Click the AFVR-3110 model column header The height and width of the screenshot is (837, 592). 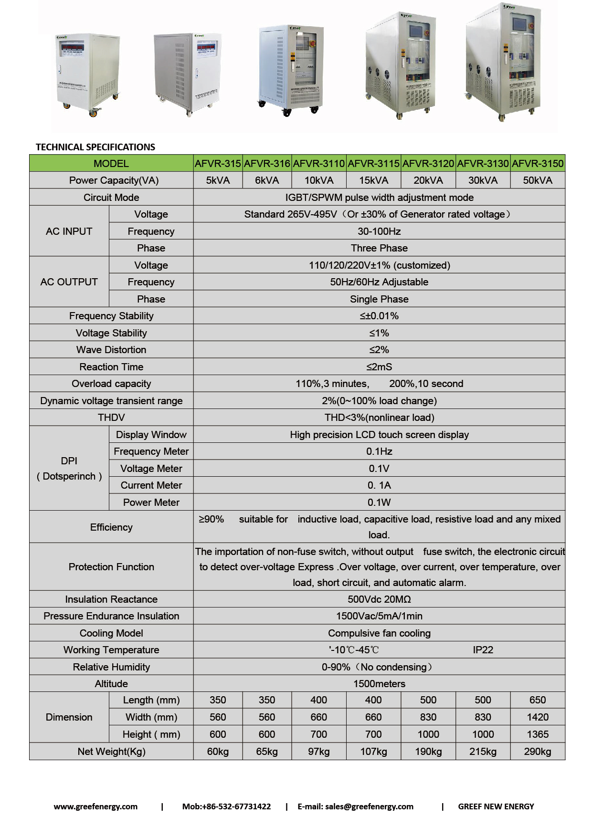click(x=318, y=164)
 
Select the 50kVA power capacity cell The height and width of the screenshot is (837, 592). click(x=538, y=180)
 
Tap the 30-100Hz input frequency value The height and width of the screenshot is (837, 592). click(x=379, y=231)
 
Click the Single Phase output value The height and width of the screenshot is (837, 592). click(x=379, y=299)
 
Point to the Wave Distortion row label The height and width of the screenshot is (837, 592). click(x=111, y=350)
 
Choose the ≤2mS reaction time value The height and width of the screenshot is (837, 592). click(x=379, y=367)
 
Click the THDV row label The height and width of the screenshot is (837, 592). click(x=111, y=418)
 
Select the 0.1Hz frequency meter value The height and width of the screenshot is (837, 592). click(x=379, y=451)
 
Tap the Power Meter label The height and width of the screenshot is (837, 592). click(x=151, y=502)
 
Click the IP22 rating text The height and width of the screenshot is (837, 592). click(x=483, y=650)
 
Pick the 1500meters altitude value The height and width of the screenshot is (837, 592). click(x=379, y=684)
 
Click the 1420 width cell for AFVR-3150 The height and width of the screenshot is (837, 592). click(x=538, y=717)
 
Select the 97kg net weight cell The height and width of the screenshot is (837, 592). click(x=318, y=752)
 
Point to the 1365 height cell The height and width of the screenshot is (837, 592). click(x=538, y=734)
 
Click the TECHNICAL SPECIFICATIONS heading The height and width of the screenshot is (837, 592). click(x=95, y=147)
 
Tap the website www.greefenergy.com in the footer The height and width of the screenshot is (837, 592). click(x=95, y=806)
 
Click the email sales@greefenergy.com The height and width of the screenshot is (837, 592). click(x=369, y=806)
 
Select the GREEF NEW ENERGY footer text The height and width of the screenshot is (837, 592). click(x=496, y=806)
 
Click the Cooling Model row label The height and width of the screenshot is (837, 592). click(x=111, y=633)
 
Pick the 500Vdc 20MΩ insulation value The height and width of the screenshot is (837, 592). click(x=379, y=599)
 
